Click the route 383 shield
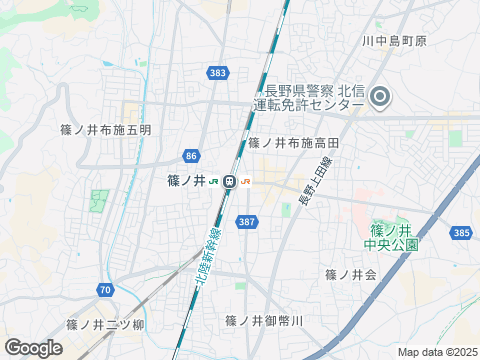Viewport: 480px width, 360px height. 219,73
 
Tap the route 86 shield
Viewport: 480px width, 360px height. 191,155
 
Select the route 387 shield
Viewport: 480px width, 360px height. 246,221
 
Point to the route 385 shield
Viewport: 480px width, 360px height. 460,232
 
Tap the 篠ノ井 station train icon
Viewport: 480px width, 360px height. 229,181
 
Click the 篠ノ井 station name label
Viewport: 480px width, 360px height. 186,181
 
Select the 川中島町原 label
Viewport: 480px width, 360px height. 394,41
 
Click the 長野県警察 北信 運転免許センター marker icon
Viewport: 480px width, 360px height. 380,97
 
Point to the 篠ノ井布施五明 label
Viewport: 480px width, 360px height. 106,130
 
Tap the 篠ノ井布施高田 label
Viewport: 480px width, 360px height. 294,143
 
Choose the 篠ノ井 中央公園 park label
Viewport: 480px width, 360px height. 390,236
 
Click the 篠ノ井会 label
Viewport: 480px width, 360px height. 350,274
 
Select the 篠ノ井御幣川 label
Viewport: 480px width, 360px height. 264,320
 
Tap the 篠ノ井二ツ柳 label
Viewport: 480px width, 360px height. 106,325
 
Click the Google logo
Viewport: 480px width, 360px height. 33,347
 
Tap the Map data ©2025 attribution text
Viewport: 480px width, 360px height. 437,352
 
